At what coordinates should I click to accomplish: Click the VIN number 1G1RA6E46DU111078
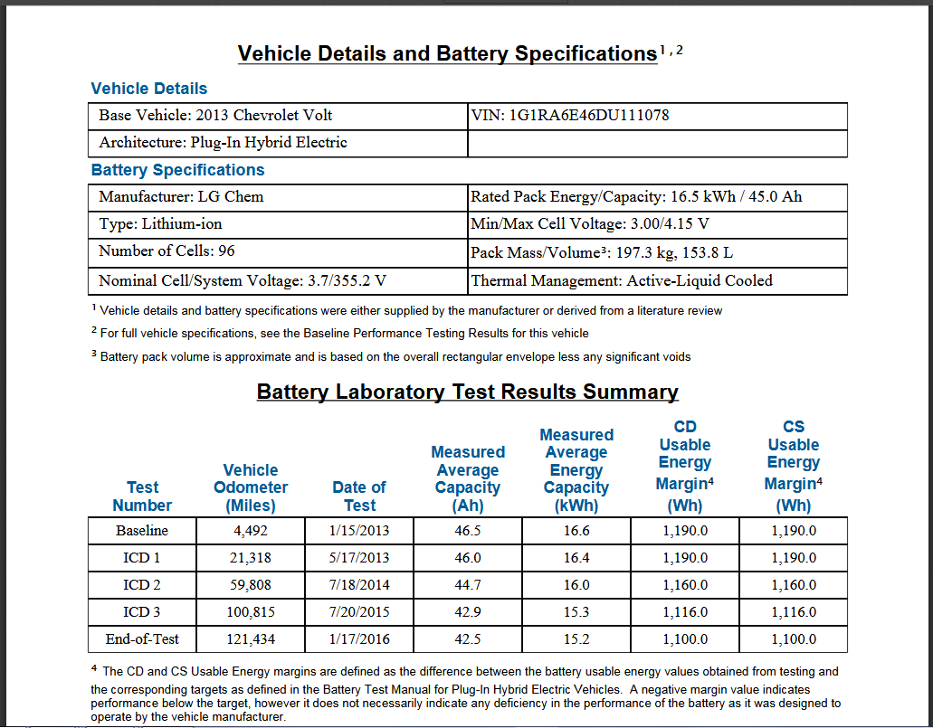click(x=589, y=116)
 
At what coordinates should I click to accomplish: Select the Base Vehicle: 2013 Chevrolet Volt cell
click(x=215, y=116)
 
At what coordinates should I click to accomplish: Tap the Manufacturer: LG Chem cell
click(x=181, y=197)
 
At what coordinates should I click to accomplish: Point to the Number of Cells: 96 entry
click(x=167, y=251)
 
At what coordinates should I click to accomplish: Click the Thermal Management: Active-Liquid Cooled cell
click(x=622, y=281)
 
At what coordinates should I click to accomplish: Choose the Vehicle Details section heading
click(x=149, y=89)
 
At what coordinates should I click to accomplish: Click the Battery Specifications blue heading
click(x=178, y=170)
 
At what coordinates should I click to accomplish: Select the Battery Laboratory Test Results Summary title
click(x=467, y=392)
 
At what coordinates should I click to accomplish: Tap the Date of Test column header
click(x=359, y=496)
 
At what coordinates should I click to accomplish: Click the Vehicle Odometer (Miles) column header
click(x=251, y=487)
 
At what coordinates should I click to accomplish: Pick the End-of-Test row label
click(x=142, y=638)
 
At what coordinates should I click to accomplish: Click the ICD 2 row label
click(x=142, y=585)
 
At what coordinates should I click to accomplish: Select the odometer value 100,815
click(x=251, y=612)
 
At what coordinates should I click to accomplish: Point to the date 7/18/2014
click(x=359, y=585)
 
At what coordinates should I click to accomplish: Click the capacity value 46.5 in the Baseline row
click(x=468, y=531)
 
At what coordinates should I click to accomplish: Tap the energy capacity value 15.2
click(x=576, y=639)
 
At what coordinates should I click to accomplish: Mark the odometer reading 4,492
click(x=251, y=531)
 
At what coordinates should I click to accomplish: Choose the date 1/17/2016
click(x=359, y=639)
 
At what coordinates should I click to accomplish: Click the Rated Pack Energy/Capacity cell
click(x=636, y=197)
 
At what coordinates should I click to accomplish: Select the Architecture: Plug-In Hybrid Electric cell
click(x=223, y=143)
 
